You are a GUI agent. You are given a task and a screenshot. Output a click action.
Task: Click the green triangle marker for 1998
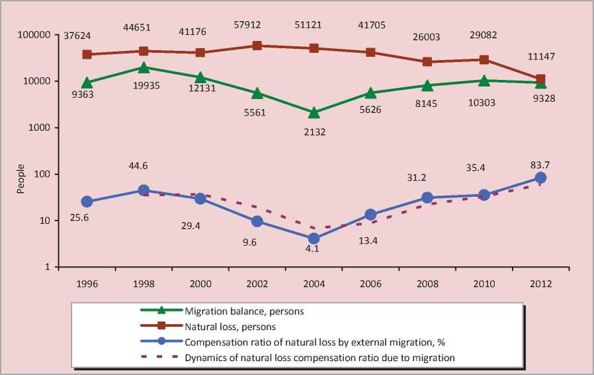pos(144,67)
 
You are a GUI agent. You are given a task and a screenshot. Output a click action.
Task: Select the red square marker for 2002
pos(257,46)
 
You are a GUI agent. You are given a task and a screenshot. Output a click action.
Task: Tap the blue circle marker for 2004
pos(314,238)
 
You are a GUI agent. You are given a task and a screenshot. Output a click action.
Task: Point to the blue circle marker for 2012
pos(540,178)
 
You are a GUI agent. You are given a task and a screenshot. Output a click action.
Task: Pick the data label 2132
pos(315,132)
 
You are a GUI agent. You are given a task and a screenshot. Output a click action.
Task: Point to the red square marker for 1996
pos(87,54)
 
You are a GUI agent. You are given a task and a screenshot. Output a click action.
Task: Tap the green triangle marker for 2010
pos(484,81)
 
